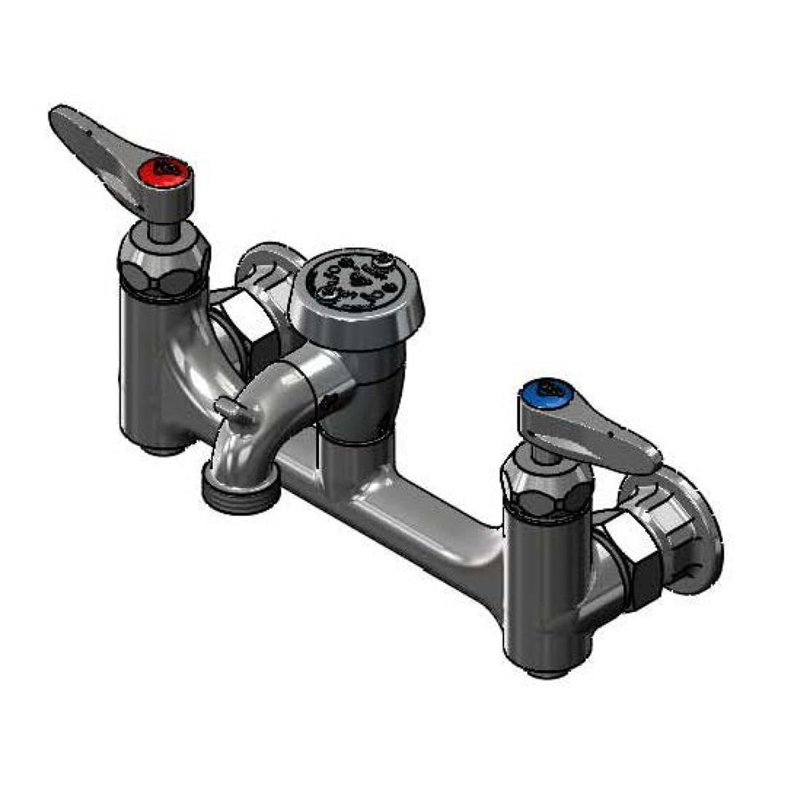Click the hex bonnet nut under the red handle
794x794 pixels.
tap(163, 263)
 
